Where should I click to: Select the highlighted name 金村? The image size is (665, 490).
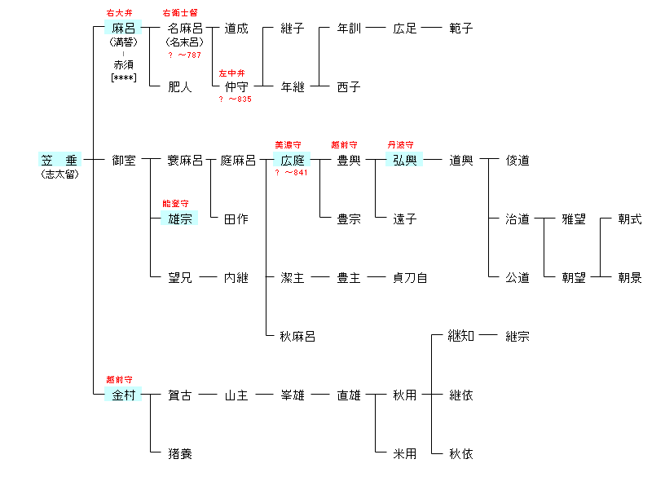click(x=123, y=395)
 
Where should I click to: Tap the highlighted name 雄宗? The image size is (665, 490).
click(x=179, y=219)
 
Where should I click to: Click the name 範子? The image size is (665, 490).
click(x=460, y=29)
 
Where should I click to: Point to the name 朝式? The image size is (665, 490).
click(x=629, y=219)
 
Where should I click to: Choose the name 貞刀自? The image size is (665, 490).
click(x=410, y=278)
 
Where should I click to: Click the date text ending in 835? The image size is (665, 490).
click(x=235, y=99)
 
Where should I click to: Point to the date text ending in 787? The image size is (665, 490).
click(x=184, y=55)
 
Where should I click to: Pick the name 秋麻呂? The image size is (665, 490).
click(x=297, y=336)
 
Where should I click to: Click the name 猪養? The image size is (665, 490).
click(x=180, y=453)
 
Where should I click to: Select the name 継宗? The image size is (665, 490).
click(x=517, y=336)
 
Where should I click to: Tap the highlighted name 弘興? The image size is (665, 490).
click(x=405, y=161)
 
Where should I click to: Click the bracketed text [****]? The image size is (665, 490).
click(x=123, y=78)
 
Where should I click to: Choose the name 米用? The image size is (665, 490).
click(x=404, y=453)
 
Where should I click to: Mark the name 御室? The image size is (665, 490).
click(x=123, y=161)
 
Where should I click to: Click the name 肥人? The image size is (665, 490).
click(x=180, y=86)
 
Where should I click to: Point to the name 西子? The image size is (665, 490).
click(x=349, y=86)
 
